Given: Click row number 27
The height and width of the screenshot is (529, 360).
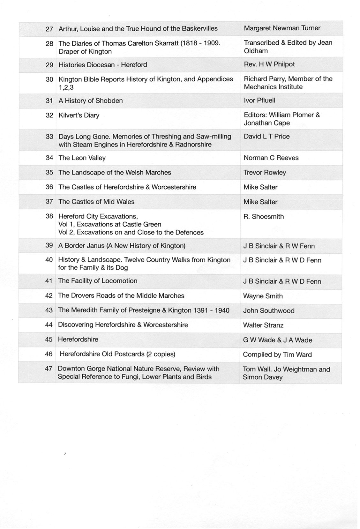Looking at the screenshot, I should pos(49,29).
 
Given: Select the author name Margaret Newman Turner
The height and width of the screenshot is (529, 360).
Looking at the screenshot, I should pos(282,28).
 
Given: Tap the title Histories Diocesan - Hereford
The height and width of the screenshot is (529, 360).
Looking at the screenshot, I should pos(103,65).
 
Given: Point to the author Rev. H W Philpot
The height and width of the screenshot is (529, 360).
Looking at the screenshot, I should pos(269,64).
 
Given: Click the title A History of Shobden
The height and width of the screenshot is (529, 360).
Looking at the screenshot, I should pos(91,101).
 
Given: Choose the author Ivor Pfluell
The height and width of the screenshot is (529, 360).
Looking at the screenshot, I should pos(259,101).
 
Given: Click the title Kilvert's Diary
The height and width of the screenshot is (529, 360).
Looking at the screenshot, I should pos(79,115).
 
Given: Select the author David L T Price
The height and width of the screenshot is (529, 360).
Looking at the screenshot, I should pos(266,137).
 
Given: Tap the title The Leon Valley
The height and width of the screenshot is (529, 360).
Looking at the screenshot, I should pos(82,158).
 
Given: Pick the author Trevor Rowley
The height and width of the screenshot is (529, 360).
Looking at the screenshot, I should pos(265,173).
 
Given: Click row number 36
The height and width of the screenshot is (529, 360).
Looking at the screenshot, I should pos(49,187).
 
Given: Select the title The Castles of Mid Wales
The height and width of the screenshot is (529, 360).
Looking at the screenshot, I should pos(96,202).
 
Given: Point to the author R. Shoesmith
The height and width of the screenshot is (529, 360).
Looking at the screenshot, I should pos(263,217).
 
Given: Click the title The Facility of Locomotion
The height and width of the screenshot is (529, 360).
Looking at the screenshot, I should pos(98,281).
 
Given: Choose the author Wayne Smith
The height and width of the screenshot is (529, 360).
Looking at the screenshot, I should pos(263,296).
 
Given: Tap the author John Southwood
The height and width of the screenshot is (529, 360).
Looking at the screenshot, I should pos(269,311).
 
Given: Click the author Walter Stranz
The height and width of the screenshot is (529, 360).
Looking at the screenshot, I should pos(263,325).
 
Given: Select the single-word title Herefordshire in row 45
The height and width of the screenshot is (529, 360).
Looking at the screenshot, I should pos(78,339).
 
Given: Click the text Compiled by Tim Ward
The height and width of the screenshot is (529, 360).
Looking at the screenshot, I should pos(277,355).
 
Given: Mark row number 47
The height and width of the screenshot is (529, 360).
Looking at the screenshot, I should pos(49,369).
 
